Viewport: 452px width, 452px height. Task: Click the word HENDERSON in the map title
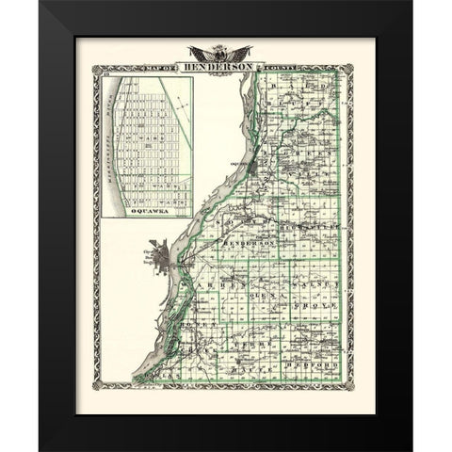pos(225,68)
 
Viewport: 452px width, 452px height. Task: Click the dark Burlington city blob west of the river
pos(159,255)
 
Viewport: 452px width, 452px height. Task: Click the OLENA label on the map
pos(260,295)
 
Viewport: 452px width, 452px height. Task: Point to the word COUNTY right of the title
pos(297,69)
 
